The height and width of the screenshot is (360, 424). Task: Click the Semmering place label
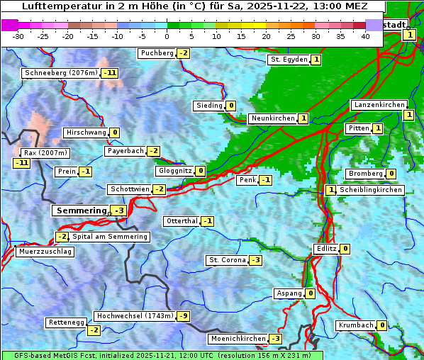pos(81,210)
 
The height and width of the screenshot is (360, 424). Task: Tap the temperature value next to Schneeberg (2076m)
pos(109,73)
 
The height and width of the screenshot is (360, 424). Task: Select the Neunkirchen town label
pos(272,118)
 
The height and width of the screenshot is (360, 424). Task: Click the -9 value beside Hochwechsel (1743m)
pos(184,315)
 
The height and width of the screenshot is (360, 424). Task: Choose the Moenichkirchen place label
pos(238,339)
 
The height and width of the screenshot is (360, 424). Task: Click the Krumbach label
pos(355,325)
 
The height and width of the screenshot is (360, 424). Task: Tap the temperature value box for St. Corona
pos(255,260)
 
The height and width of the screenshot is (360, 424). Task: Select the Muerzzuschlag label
pos(45,252)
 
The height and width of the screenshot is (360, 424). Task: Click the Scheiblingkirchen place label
pos(370,190)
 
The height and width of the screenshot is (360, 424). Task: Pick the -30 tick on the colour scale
pos(18,36)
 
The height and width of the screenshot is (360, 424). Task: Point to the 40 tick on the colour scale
pos(365,36)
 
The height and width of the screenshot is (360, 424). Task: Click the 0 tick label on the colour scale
pos(167,36)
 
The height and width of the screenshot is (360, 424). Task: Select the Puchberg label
pos(157,53)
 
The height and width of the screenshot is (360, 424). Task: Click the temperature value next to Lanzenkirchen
pos(408,115)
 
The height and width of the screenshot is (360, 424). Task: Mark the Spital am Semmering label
pos(109,237)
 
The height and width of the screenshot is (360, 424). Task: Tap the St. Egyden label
pos(288,60)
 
